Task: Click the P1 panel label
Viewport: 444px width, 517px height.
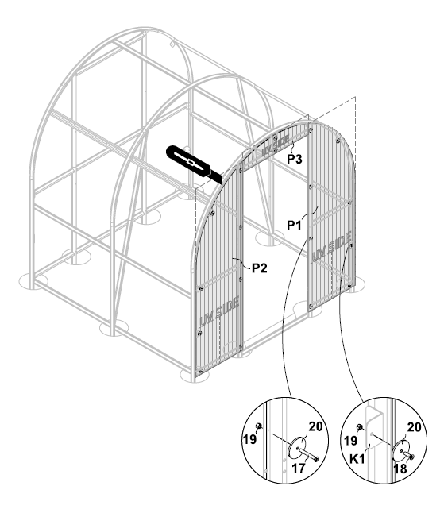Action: tap(294, 226)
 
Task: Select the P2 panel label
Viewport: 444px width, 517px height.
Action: tap(259, 268)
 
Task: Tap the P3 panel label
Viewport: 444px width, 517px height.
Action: tap(294, 160)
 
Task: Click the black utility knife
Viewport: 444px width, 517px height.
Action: tap(194, 164)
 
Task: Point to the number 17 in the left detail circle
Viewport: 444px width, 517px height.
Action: tap(299, 468)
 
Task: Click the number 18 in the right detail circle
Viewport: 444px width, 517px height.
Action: tap(400, 469)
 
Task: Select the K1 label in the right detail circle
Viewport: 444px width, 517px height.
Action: tap(357, 459)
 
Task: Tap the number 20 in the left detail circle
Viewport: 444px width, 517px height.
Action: tap(315, 426)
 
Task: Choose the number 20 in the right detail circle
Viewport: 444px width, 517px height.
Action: tap(415, 427)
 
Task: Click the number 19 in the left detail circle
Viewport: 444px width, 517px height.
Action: tap(249, 439)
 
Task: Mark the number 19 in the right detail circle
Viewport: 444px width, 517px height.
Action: tap(350, 440)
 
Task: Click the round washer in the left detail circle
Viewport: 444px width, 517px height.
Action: tap(297, 448)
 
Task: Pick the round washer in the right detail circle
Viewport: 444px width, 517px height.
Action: tap(400, 452)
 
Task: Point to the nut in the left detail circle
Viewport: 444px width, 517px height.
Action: tap(259, 426)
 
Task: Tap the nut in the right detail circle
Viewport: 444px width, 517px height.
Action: tap(360, 427)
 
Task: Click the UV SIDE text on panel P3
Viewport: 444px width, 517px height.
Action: tap(275, 146)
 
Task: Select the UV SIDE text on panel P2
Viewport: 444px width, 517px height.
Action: tap(219, 311)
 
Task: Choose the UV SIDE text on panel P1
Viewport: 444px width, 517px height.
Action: tap(331, 246)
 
